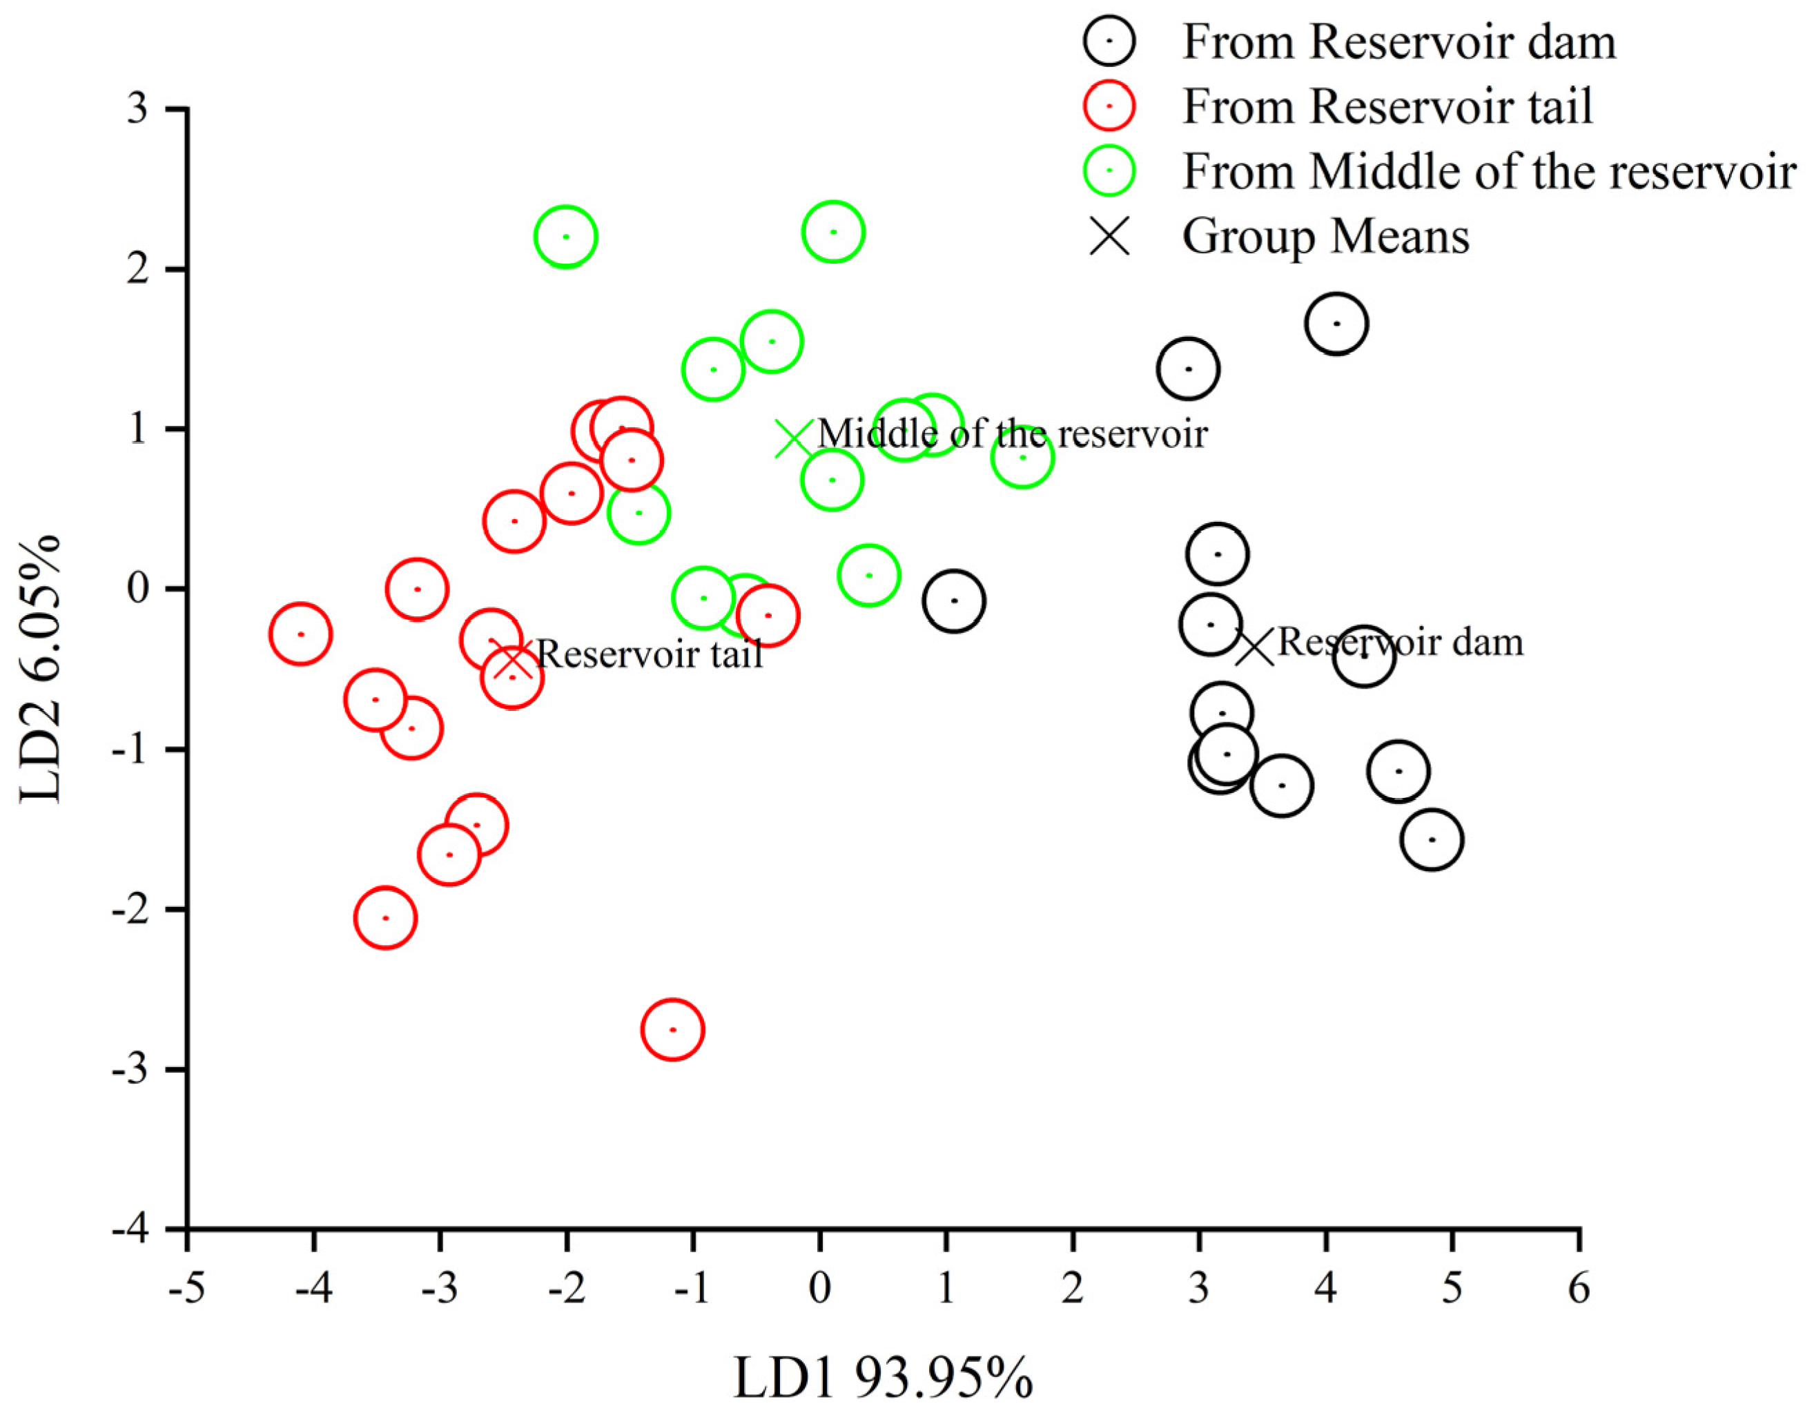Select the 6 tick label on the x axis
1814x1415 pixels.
tap(1579, 1289)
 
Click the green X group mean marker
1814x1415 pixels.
tap(794, 438)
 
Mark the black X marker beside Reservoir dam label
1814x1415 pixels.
tap(1254, 647)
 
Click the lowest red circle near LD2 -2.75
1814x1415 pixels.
tap(673, 1030)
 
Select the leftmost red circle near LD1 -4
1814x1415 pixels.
tap(301, 634)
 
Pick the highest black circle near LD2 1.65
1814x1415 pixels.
tap(1336, 324)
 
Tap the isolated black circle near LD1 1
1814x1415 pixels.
tap(953, 601)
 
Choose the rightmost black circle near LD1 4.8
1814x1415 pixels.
tap(1432, 839)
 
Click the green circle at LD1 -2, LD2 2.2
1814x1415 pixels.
tap(565, 237)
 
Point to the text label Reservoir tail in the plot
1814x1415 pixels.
tap(650, 655)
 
